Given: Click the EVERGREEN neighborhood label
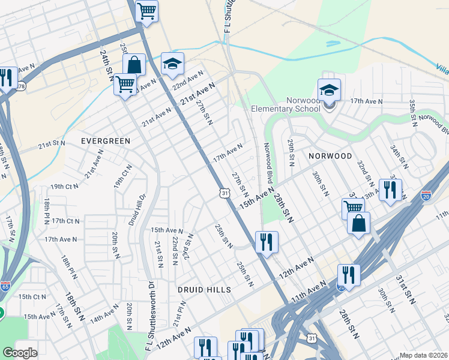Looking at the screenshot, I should pos(106,141).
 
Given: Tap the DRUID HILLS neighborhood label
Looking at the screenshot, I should pos(204,290).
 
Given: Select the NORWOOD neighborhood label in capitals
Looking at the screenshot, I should pos(330,156).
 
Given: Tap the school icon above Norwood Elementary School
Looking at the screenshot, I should pos(329,91).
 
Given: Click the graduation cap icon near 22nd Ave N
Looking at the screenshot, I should pos(172,64).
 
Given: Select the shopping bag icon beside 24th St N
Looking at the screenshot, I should pos(134,65).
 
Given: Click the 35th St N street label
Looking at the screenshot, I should pos(412,113).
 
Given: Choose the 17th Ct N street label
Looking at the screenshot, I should pos(65,221).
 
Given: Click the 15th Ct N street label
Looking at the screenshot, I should pos(32,297).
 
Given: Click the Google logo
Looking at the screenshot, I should pos(20,352).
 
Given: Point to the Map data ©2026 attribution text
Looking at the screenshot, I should pos(423,355).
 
